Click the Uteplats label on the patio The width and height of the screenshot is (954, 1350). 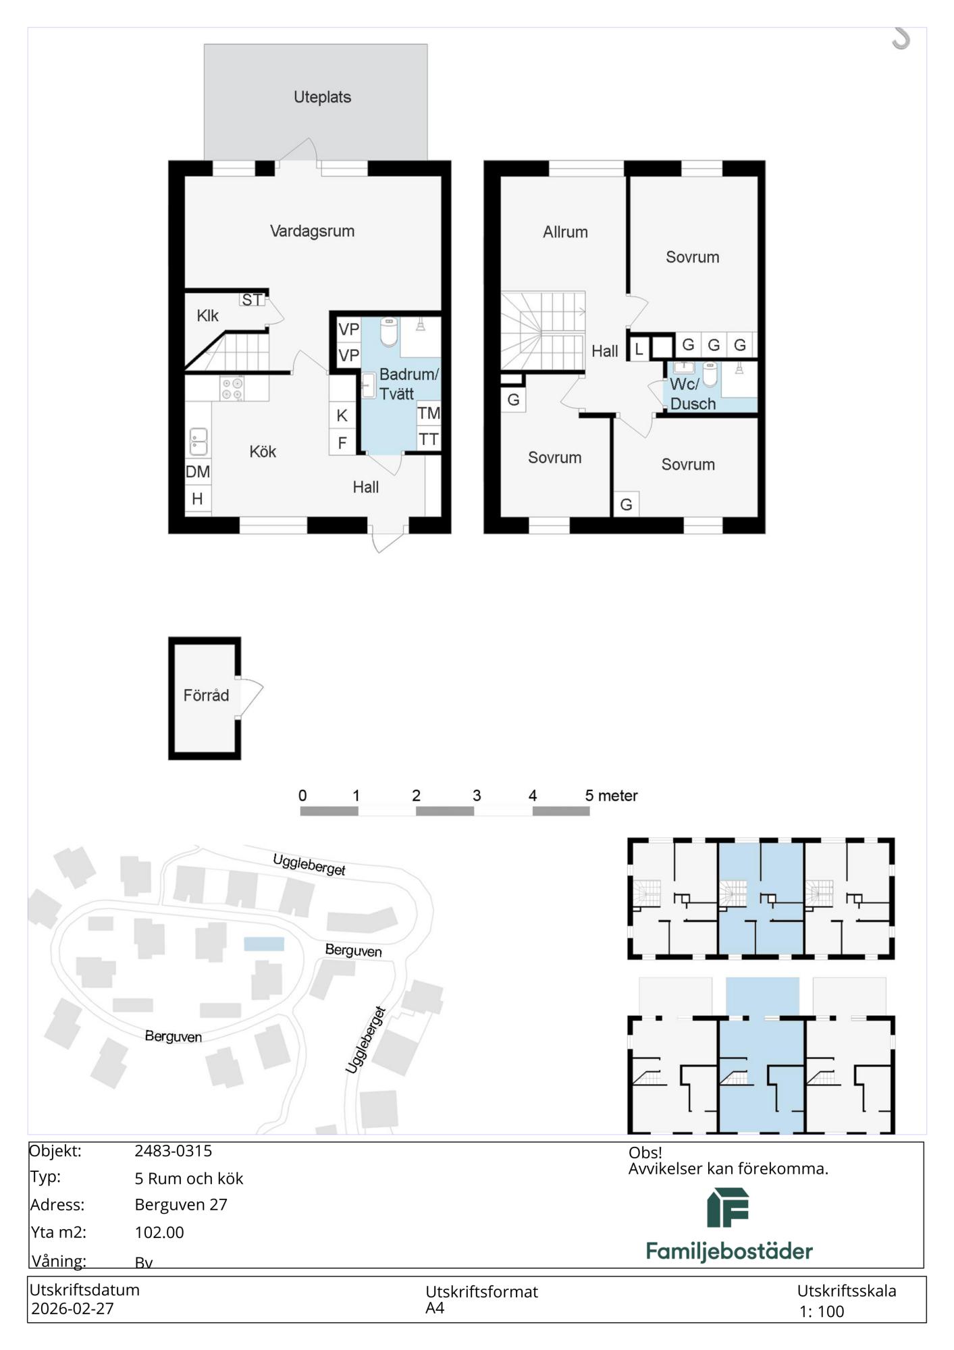click(322, 97)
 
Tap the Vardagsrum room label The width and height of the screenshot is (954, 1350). click(312, 232)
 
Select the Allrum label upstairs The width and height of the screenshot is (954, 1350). click(565, 232)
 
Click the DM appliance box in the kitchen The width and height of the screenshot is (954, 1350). click(198, 472)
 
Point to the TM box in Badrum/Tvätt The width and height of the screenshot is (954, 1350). click(429, 413)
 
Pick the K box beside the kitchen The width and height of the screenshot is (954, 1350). click(342, 416)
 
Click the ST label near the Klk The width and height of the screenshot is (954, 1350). click(252, 300)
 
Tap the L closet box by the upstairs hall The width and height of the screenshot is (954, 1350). click(639, 349)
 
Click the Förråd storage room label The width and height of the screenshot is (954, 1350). click(206, 695)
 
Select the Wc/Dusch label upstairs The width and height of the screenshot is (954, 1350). click(692, 394)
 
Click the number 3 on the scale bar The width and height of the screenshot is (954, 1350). click(477, 796)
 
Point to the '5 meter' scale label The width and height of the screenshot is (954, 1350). click(611, 796)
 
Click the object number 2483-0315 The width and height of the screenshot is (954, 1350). click(174, 1151)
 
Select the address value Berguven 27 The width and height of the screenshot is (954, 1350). click(181, 1204)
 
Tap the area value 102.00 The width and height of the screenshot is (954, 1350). click(159, 1232)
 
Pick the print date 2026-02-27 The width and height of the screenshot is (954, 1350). click(72, 1308)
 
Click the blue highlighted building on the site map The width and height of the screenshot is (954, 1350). click(264, 944)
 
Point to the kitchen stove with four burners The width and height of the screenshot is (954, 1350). click(232, 388)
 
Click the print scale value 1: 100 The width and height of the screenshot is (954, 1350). click(822, 1312)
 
